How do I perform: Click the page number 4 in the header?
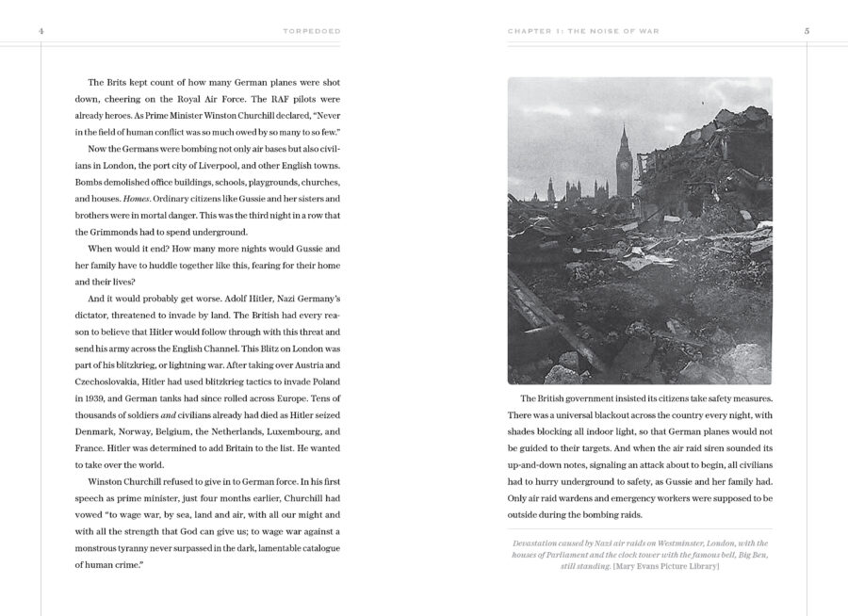coord(41,30)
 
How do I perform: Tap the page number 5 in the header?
coord(807,30)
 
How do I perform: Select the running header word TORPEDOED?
coord(312,30)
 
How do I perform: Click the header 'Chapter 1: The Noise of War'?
coord(583,30)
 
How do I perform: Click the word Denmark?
coord(99,430)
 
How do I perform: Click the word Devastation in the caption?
coord(541,543)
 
